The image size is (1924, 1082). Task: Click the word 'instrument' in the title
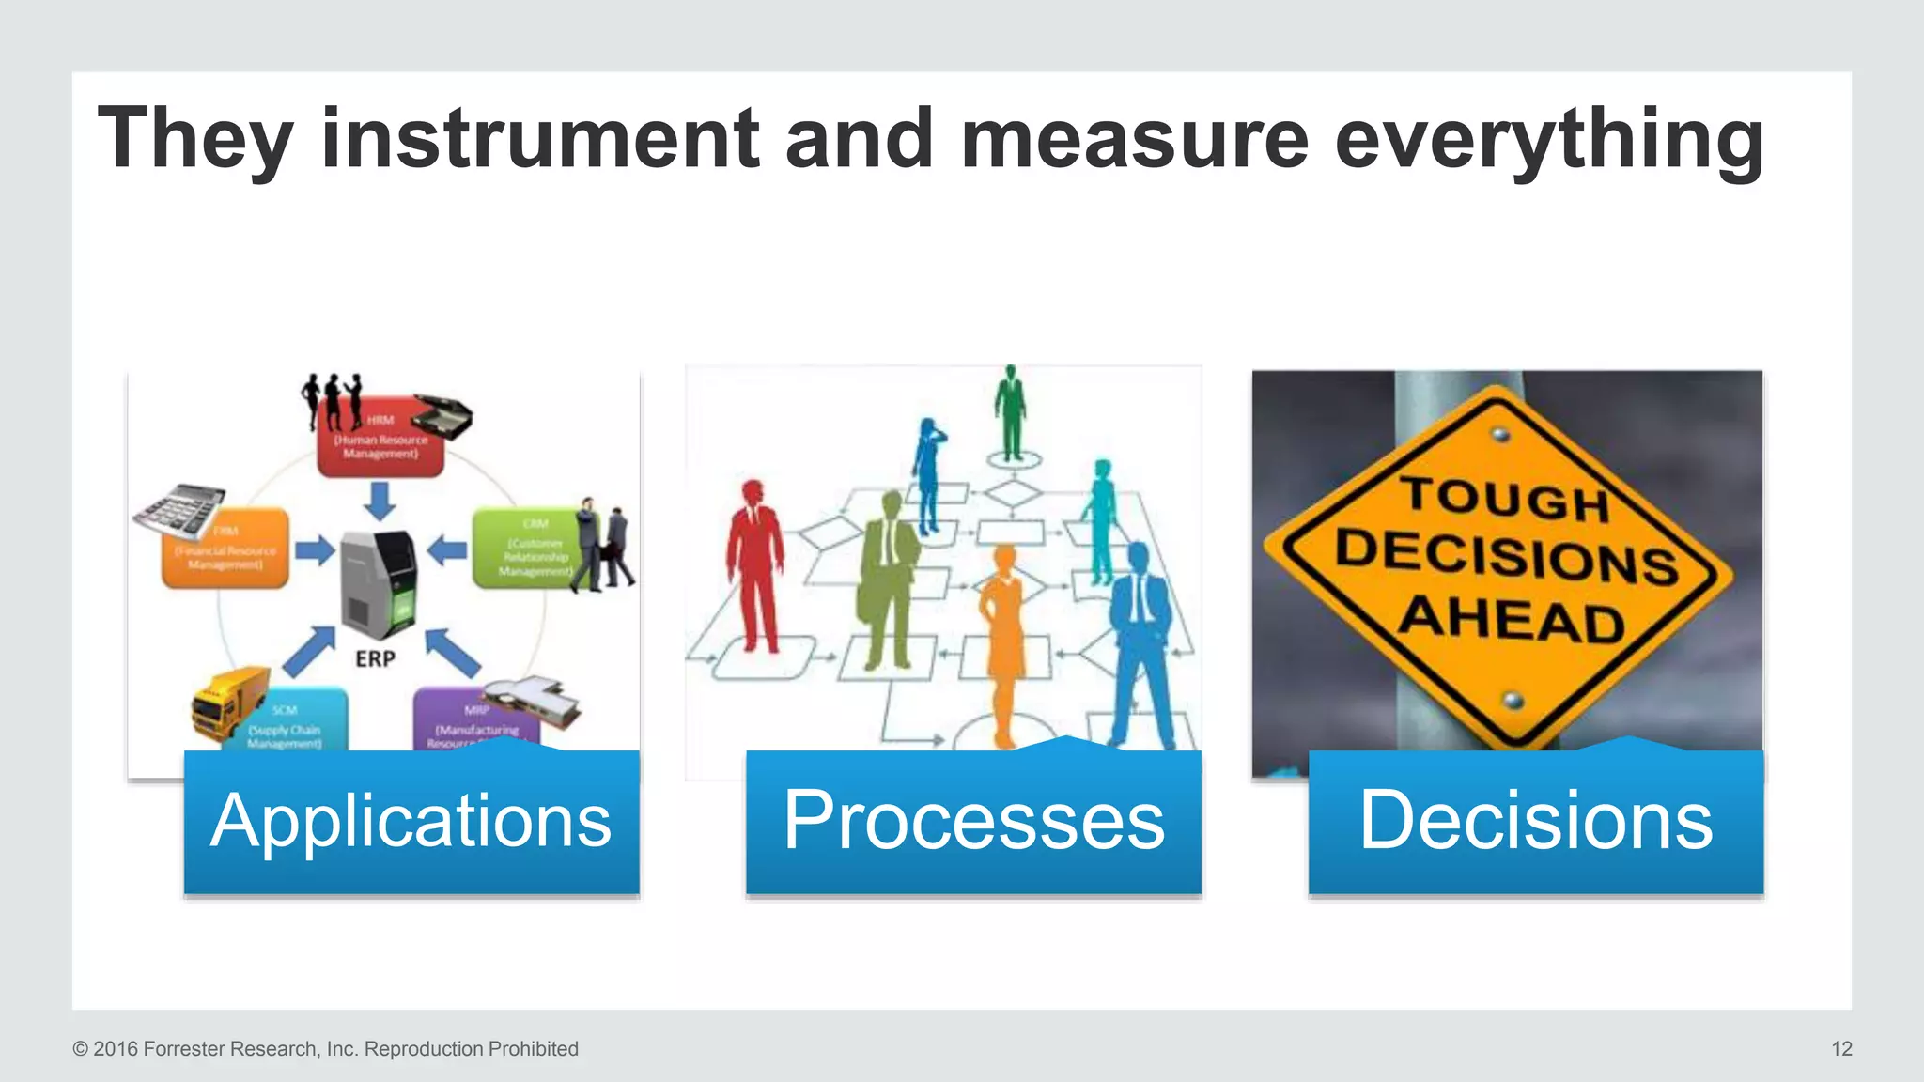coord(539,139)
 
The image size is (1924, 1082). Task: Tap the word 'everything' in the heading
coord(1548,139)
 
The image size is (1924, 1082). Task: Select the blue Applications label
coord(411,821)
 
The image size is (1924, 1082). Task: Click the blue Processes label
coord(973,821)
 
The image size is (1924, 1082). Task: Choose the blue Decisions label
coord(1535,821)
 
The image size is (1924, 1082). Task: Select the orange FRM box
coord(225,550)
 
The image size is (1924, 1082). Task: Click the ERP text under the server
coord(375,659)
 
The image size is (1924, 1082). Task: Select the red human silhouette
coord(754,564)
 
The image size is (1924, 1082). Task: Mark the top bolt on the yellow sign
coord(1501,434)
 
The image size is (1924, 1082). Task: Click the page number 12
coord(1841,1049)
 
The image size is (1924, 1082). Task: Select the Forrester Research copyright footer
coord(325,1049)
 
